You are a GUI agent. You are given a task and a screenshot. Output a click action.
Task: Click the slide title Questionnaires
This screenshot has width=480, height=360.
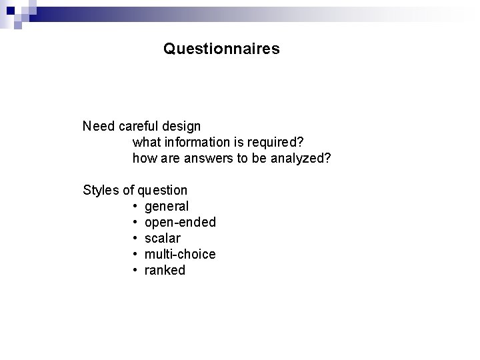coord(221,49)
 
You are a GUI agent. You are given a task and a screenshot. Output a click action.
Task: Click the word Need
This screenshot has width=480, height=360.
coord(98,126)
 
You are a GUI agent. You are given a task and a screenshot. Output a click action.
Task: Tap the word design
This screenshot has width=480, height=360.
coord(183,126)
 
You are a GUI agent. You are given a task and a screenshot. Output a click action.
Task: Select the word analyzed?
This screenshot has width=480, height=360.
coord(300,159)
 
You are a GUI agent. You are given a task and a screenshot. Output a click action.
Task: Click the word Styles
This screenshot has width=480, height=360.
coord(100,191)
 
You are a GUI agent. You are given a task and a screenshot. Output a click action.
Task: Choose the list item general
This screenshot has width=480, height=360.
coord(167,207)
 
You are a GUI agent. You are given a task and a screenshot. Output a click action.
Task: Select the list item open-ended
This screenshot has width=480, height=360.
coord(180,223)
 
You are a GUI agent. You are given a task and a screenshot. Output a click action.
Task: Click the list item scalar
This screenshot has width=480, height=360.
coord(162,239)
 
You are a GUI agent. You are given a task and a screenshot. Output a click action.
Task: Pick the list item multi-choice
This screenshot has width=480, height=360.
coord(180,255)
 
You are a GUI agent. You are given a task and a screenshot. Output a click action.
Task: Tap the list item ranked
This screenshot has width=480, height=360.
coord(165,271)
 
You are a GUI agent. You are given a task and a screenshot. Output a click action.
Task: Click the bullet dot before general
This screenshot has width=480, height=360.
coord(135,207)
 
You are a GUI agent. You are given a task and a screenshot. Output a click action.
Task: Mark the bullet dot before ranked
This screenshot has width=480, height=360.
coord(135,271)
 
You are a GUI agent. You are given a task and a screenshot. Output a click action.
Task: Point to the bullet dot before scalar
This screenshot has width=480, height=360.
coord(135,239)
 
